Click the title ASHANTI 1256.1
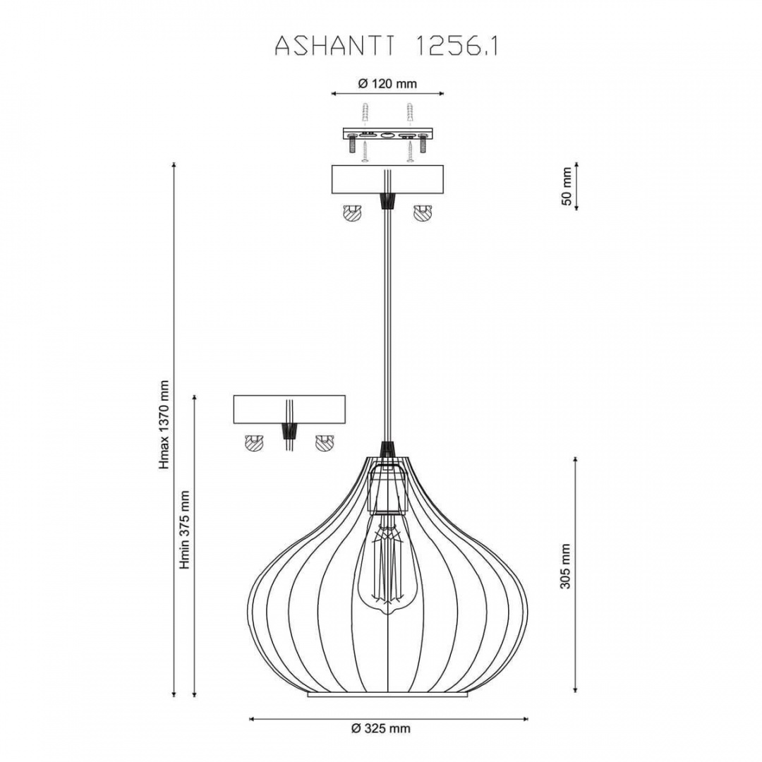(x=387, y=46)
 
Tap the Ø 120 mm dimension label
(x=387, y=83)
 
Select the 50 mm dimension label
(x=567, y=186)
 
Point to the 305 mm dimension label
(x=565, y=566)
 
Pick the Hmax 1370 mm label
(x=164, y=425)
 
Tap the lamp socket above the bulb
(x=387, y=489)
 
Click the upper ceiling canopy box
(x=387, y=180)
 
